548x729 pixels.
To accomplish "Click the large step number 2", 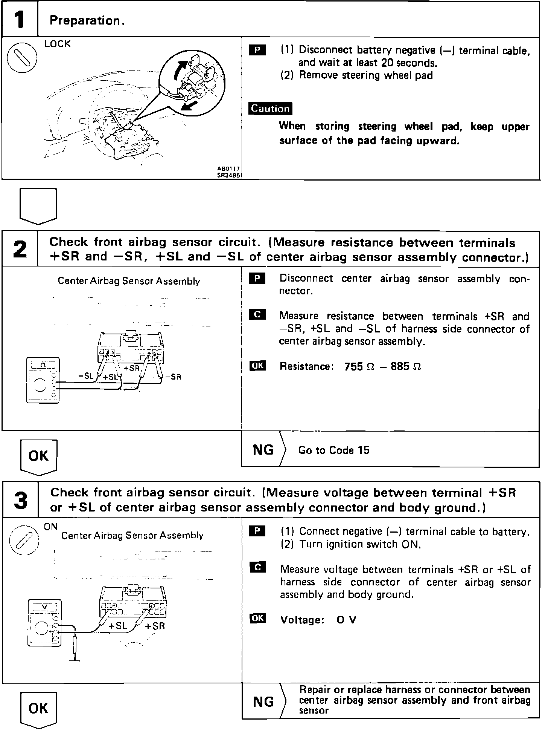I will click(20, 249).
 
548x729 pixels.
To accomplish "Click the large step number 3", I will click(20, 500).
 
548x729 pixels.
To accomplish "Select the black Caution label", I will click(270, 109).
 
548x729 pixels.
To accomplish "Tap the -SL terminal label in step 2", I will click(86, 376).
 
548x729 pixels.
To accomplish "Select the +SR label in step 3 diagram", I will click(155, 626).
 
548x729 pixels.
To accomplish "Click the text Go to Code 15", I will click(333, 450).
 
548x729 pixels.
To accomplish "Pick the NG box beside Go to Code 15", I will click(263, 449).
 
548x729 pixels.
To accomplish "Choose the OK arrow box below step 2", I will click(38, 456).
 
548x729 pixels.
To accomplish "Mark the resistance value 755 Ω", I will click(359, 366).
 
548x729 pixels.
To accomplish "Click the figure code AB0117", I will click(228, 169).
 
